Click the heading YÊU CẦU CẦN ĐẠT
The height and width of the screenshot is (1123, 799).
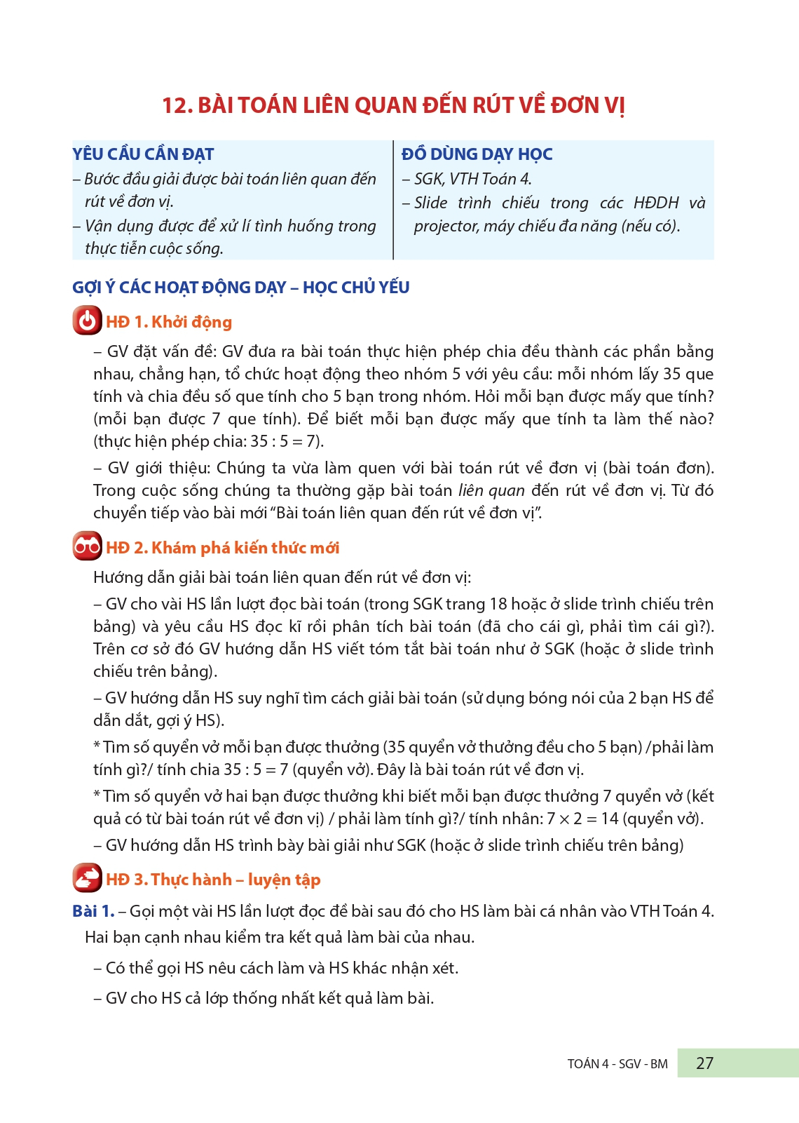[143, 154]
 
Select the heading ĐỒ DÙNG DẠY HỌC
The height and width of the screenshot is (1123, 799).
[477, 154]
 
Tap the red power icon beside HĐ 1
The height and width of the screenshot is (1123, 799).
[87, 321]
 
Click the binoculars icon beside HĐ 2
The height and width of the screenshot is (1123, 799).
[87, 546]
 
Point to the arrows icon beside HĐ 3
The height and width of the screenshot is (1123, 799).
[87, 878]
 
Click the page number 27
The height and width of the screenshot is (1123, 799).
[704, 1063]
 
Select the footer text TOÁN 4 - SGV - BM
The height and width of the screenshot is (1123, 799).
[617, 1063]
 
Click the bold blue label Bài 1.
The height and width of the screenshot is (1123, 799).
[93, 910]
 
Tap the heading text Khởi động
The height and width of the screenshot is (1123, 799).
[191, 322]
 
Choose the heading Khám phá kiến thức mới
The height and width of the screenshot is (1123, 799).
[245, 548]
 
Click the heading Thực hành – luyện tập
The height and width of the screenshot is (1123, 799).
[235, 880]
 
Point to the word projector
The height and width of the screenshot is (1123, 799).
[446, 226]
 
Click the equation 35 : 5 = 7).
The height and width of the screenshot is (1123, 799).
[287, 441]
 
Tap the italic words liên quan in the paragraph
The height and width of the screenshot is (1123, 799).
[491, 490]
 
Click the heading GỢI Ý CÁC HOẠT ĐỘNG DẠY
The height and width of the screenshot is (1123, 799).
[179, 287]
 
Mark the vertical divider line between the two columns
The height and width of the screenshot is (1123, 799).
[394, 200]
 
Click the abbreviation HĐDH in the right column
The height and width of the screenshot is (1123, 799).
[656, 203]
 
